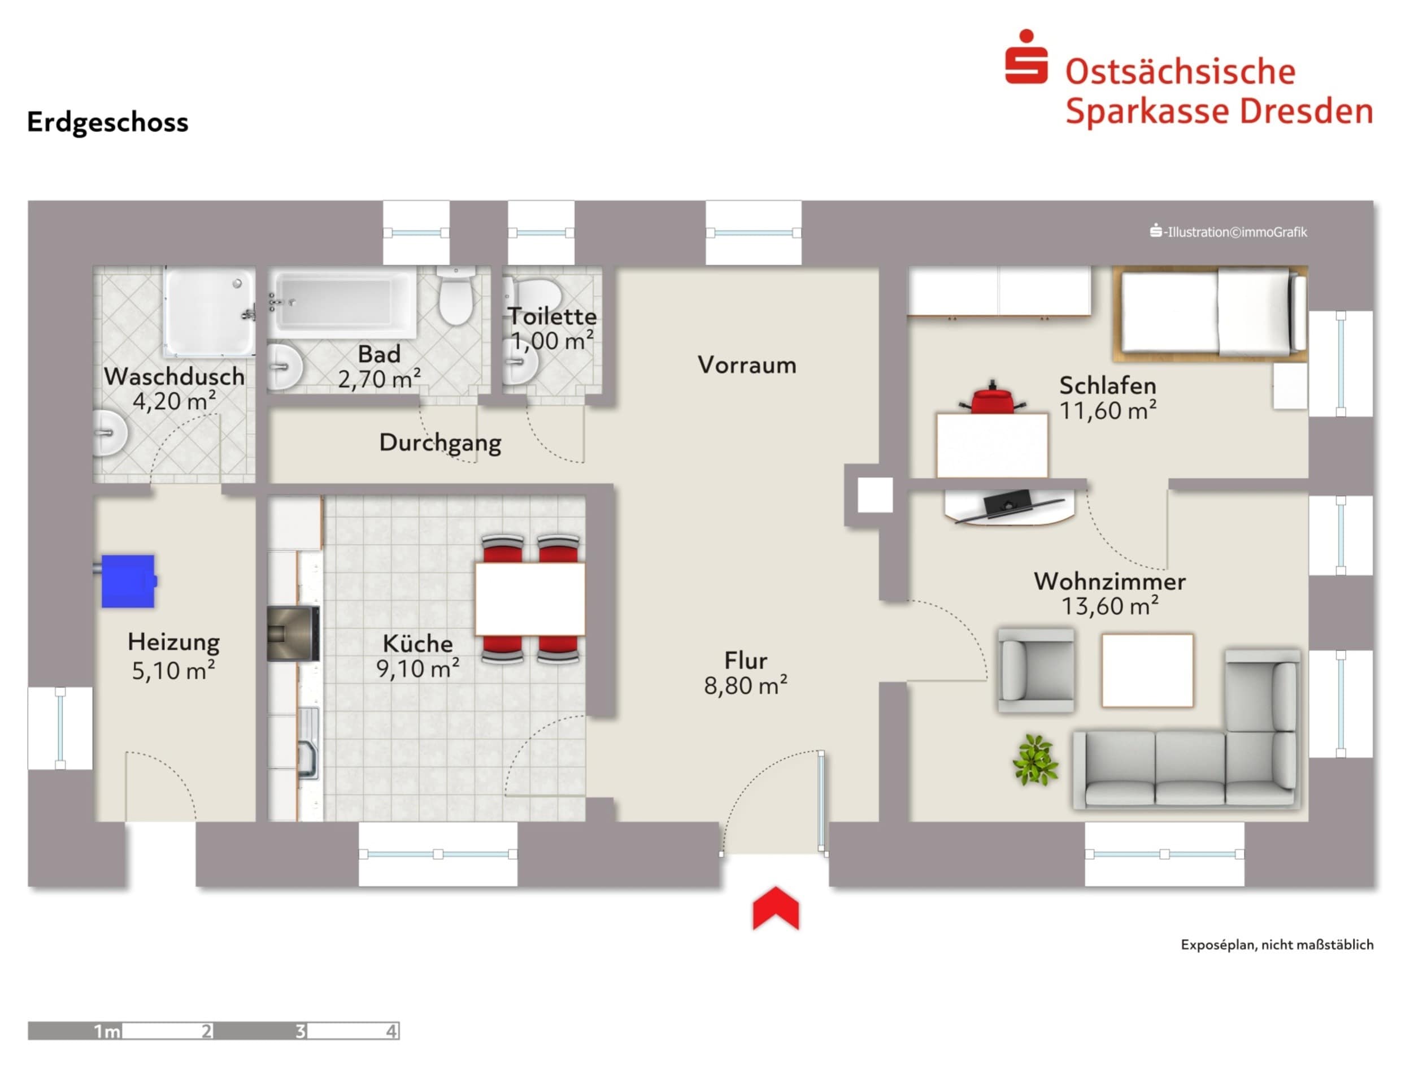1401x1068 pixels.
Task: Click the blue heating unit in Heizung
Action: (x=128, y=581)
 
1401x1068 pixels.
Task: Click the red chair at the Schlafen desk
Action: (x=992, y=399)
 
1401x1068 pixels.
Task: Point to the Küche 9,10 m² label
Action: (x=417, y=656)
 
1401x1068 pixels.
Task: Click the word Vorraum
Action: (x=747, y=365)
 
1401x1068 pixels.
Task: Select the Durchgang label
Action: (x=440, y=442)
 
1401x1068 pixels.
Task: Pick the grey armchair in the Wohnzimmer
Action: (x=1035, y=670)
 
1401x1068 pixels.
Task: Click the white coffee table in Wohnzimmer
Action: (x=1147, y=670)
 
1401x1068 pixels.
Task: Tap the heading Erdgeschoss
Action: (x=107, y=122)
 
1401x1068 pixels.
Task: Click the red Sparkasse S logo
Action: (x=1025, y=59)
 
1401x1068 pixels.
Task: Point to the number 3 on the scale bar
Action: (x=300, y=1031)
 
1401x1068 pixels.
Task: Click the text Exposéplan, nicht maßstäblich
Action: (x=1277, y=945)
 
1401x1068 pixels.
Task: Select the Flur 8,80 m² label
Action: (x=745, y=673)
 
